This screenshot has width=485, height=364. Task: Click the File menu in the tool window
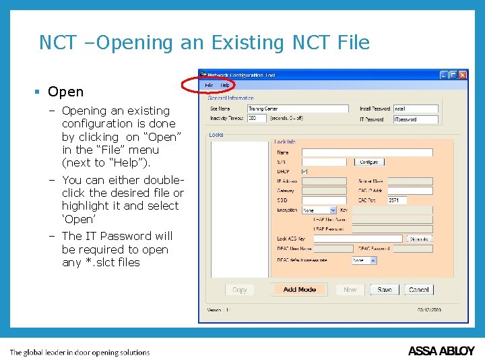(x=209, y=86)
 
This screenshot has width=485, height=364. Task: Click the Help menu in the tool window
(x=225, y=86)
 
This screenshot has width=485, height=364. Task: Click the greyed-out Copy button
(x=240, y=290)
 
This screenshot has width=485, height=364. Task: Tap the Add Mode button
(x=300, y=290)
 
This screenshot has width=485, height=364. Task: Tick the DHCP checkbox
(x=304, y=171)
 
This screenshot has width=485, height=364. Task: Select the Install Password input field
(x=415, y=109)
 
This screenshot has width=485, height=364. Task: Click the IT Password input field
(x=415, y=119)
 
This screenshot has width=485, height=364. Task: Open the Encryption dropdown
(x=319, y=210)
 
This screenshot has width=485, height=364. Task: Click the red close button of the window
(x=462, y=75)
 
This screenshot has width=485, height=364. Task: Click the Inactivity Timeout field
(x=257, y=119)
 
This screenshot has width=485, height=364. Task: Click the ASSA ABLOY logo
(x=441, y=351)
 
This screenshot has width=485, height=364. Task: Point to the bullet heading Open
(x=65, y=92)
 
